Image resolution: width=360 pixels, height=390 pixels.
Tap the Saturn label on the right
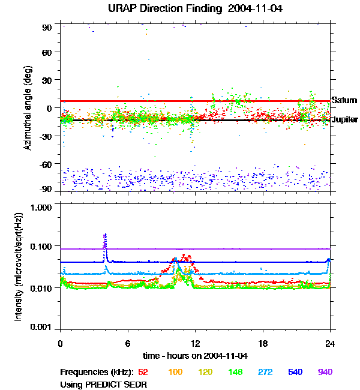click(x=344, y=100)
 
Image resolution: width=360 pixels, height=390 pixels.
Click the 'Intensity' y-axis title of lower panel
click(x=19, y=266)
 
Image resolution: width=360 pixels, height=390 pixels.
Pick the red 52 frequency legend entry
click(x=143, y=372)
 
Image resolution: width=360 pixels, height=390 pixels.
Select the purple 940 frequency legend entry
click(x=325, y=372)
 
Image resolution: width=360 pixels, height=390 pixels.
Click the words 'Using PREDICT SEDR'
click(x=103, y=383)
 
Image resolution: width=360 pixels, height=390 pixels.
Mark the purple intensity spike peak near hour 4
click(x=105, y=235)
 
